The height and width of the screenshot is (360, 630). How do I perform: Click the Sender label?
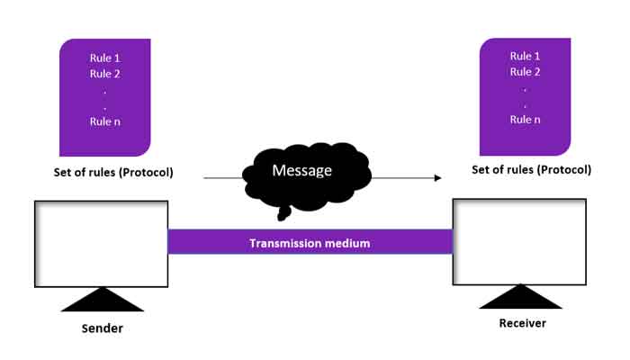pyautogui.click(x=101, y=328)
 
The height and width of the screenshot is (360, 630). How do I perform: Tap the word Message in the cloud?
pyautogui.click(x=302, y=170)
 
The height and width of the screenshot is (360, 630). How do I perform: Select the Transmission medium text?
pyautogui.click(x=310, y=242)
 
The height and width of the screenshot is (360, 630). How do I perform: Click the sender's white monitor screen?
pyautogui.click(x=101, y=243)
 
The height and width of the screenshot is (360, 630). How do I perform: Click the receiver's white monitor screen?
pyautogui.click(x=519, y=240)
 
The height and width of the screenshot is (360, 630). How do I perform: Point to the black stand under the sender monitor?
pyautogui.click(x=101, y=301)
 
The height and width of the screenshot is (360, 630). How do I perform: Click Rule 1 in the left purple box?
pyautogui.click(x=105, y=58)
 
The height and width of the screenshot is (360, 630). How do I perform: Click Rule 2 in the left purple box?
pyautogui.click(x=105, y=74)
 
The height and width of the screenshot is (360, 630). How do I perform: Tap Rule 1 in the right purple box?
pyautogui.click(x=526, y=56)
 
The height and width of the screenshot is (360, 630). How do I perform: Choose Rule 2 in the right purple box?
pyautogui.click(x=526, y=72)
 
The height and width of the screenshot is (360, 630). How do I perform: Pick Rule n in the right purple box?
pyautogui.click(x=526, y=120)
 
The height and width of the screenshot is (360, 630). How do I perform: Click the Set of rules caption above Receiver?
pyautogui.click(x=532, y=169)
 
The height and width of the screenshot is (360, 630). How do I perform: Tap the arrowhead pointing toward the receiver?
pyautogui.click(x=438, y=178)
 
